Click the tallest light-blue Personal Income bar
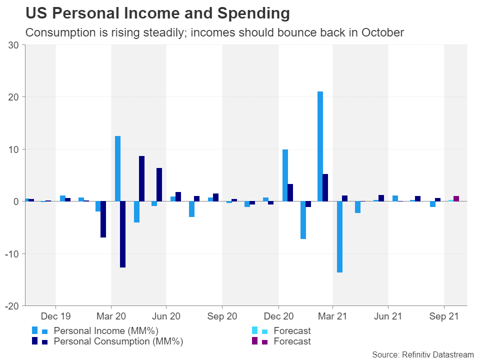(320, 146)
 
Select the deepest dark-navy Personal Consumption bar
(122, 234)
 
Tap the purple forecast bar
(456, 198)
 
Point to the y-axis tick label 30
(14, 45)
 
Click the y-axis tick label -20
(12, 306)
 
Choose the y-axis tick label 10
(14, 149)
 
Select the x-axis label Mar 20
(111, 316)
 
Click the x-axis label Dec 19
(55, 316)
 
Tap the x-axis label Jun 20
(166, 316)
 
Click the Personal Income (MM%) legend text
(105, 330)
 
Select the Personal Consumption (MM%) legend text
(118, 341)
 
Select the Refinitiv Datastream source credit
(422, 354)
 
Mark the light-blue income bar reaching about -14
(339, 236)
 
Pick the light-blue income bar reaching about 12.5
(117, 168)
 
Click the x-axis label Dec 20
(278, 316)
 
